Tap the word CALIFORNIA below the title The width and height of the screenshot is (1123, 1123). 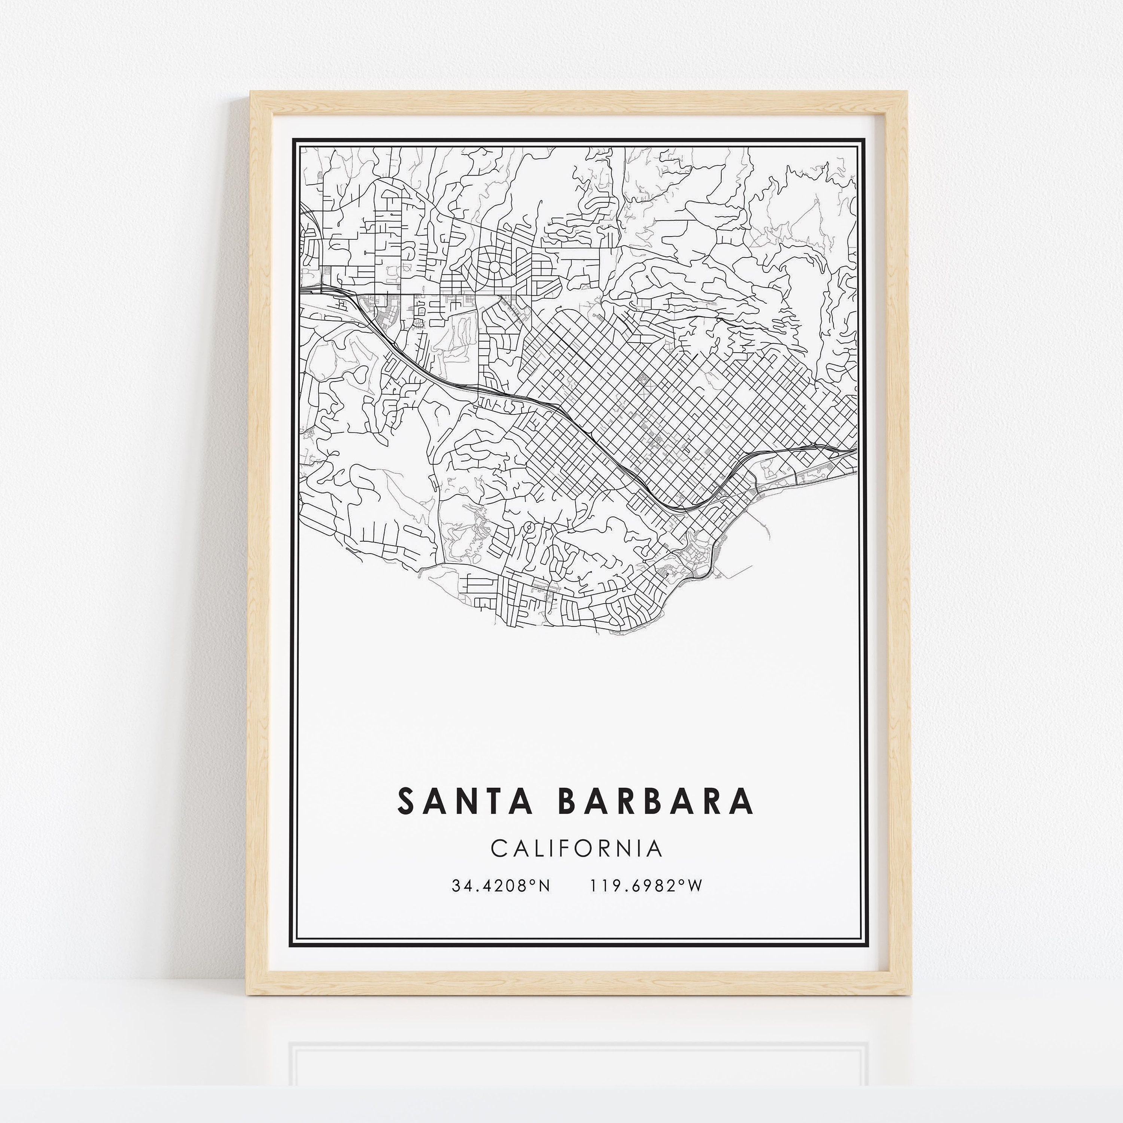point(576,849)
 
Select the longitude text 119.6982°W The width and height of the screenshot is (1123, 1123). point(646,886)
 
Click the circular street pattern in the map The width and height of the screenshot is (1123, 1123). point(494,267)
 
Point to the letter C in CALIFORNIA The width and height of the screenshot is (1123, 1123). point(499,849)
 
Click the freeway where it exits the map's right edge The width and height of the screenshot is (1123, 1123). point(856,449)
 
